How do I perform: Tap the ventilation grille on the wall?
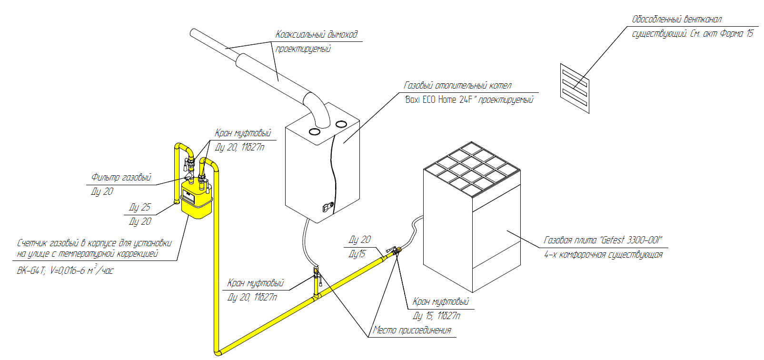(x=575, y=89)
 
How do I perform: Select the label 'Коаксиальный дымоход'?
(x=316, y=34)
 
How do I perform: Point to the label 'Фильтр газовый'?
(x=121, y=178)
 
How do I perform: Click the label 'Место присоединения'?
(x=412, y=330)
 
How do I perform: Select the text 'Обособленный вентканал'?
(x=676, y=20)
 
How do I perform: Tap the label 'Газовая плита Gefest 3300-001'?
(x=603, y=240)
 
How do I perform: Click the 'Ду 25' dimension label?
(x=139, y=207)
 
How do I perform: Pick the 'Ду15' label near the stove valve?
(x=357, y=254)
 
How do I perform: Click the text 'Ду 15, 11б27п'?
(x=436, y=316)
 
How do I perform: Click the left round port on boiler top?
(x=314, y=131)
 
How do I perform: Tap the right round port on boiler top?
(x=341, y=124)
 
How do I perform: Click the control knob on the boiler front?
(x=327, y=207)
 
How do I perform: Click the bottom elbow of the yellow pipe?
(x=218, y=352)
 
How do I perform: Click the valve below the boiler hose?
(x=317, y=273)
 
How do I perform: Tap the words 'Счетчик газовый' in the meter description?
(x=48, y=243)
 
